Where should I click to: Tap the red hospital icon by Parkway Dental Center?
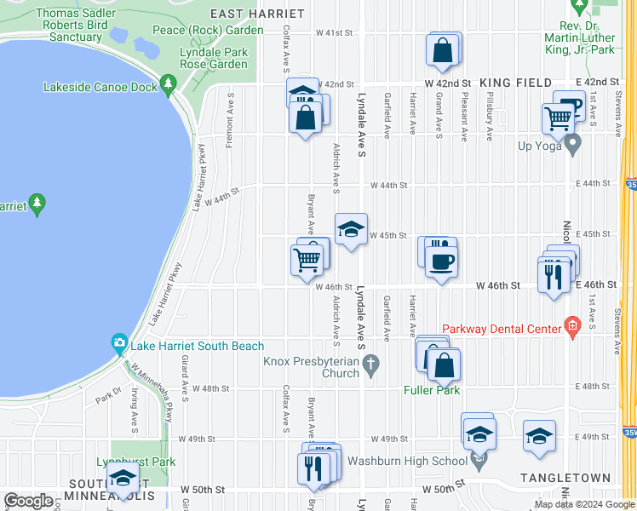tap(572, 326)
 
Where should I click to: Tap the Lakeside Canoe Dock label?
tap(100, 87)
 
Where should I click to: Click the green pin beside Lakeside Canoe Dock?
tap(167, 86)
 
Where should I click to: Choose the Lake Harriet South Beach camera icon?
tap(120, 344)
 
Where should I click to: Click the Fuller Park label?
tap(432, 390)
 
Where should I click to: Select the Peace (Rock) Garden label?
tap(208, 31)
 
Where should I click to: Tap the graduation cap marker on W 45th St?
tap(350, 229)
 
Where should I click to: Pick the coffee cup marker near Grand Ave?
tap(442, 261)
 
